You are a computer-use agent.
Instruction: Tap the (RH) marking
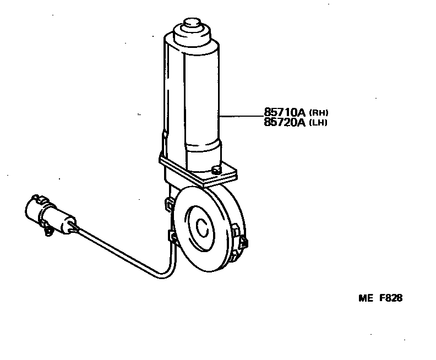click(x=319, y=113)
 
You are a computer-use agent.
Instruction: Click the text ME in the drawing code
click(x=366, y=299)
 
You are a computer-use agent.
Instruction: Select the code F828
click(x=391, y=299)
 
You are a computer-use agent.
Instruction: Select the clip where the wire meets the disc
click(x=172, y=237)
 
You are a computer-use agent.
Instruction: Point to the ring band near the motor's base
click(x=203, y=149)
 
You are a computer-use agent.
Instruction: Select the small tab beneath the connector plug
click(x=48, y=232)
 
